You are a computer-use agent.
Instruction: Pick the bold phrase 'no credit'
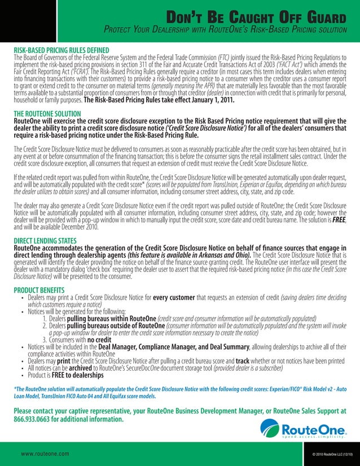pos(100,341)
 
